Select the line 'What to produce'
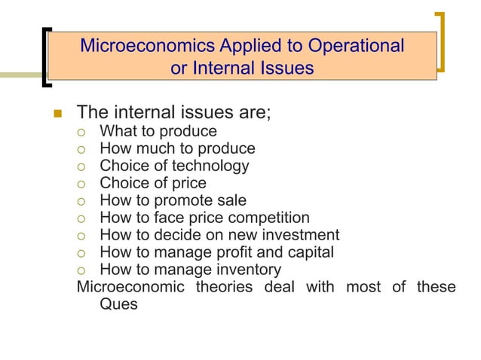tap(158, 132)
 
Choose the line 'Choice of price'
tap(153, 183)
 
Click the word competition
tap(268, 218)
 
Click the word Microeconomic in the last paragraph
tap(127, 287)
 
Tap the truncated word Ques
tap(118, 305)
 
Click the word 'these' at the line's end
tap(436, 287)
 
